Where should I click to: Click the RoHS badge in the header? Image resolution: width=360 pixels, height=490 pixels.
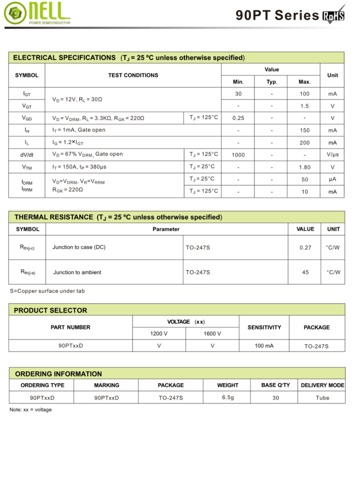point(334,16)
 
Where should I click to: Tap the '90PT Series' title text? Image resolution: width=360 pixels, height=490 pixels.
point(277,16)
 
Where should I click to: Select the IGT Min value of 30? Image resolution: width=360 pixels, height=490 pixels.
point(238,94)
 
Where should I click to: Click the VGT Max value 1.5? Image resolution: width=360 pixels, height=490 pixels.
point(304,106)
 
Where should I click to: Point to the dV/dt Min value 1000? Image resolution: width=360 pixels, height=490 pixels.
point(238,155)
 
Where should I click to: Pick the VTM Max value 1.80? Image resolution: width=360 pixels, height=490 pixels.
point(304,167)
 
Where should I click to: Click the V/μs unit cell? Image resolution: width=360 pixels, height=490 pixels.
point(332,155)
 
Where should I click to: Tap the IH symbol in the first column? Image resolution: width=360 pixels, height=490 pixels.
point(27,130)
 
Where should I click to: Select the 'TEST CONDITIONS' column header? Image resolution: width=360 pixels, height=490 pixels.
point(133,75)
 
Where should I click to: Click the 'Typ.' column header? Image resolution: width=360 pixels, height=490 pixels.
point(271,82)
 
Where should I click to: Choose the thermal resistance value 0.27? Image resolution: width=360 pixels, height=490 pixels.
point(305,247)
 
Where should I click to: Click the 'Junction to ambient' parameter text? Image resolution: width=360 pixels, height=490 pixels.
point(77,272)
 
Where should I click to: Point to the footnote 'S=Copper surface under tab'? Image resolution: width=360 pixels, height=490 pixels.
point(47,291)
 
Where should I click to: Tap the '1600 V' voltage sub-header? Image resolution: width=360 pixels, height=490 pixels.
point(212,334)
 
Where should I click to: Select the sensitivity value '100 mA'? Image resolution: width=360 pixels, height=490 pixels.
point(264,346)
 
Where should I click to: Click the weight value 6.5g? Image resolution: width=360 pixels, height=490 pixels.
point(228,397)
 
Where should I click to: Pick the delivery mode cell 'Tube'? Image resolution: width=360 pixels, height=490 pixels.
point(322,398)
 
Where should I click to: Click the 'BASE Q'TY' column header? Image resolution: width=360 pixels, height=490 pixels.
point(275,385)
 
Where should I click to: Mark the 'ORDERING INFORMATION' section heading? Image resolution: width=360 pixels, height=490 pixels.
point(58,374)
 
